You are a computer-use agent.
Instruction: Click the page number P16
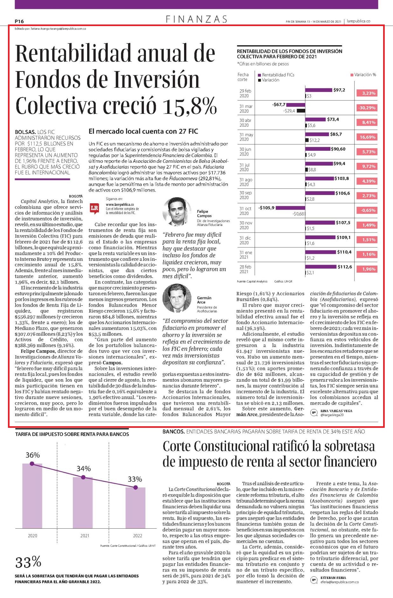[19, 21]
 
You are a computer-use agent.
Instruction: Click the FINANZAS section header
[197, 19]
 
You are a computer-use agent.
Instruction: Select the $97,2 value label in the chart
[339, 90]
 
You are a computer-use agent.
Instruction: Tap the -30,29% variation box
[367, 108]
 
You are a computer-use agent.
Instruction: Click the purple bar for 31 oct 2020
[290, 208]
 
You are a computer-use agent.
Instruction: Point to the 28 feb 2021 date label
[245, 269]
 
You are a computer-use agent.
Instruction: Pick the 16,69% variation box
[367, 137]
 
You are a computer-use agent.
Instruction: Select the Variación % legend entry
[363, 75]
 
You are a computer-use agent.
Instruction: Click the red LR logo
[94, 208]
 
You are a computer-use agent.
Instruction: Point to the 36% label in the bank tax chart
[33, 455]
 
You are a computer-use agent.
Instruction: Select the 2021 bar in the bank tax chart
[83, 503]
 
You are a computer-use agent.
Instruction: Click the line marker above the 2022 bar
[135, 488]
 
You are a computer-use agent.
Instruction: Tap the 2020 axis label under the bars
[32, 536]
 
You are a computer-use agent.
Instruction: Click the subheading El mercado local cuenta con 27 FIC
[143, 131]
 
